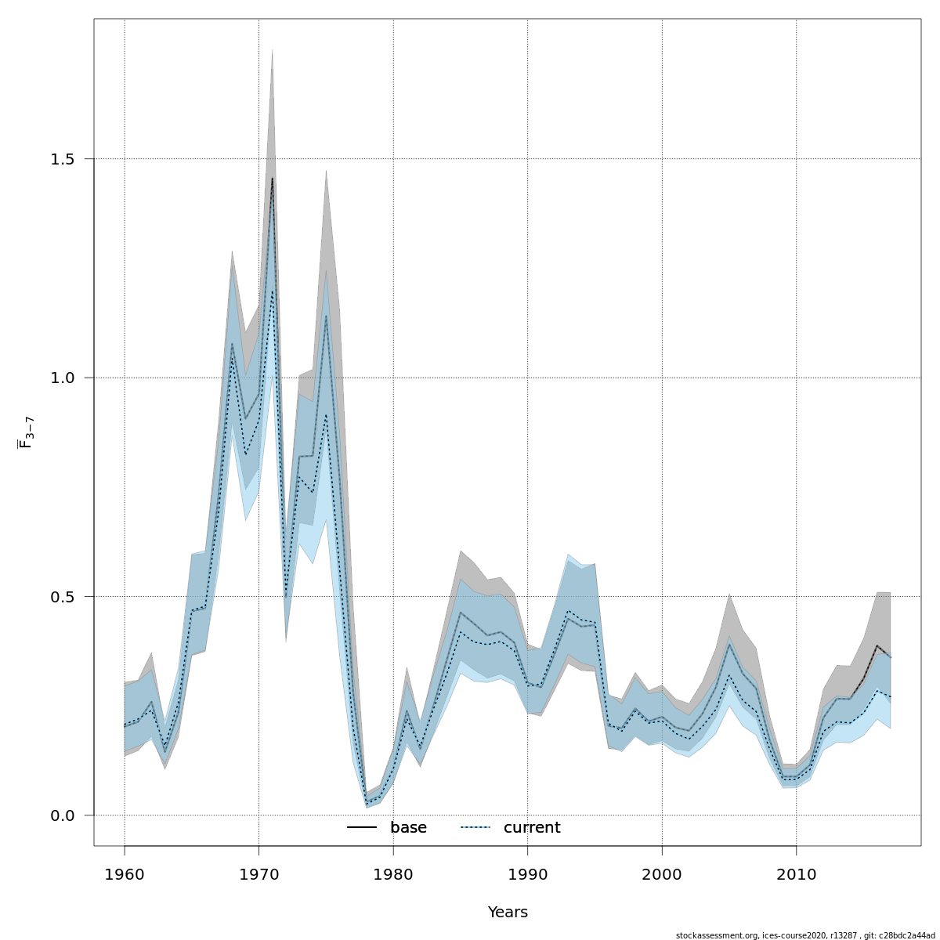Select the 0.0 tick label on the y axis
[x=61, y=815]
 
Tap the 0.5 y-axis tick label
[x=61, y=597]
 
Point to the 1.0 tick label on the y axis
[x=61, y=378]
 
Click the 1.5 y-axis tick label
[x=61, y=159]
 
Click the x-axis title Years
[x=508, y=913]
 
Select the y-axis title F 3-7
[x=26, y=432]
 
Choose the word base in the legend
[x=408, y=828]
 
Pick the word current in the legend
[x=532, y=828]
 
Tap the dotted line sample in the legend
[x=475, y=828]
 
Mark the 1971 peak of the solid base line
[x=272, y=179]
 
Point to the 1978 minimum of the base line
[x=367, y=804]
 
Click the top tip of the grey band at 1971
[x=272, y=49]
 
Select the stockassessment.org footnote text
[x=804, y=935]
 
